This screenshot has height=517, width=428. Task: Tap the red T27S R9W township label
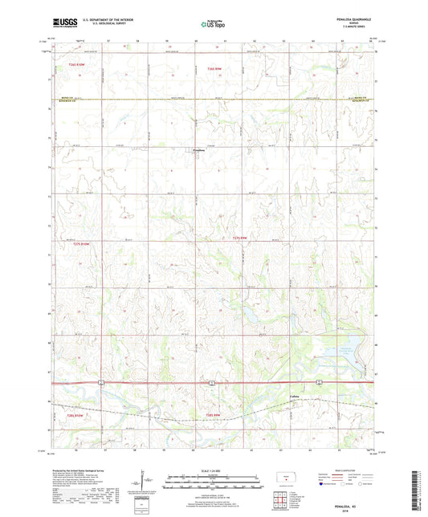click(x=242, y=238)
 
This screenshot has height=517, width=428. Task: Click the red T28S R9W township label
click(x=208, y=415)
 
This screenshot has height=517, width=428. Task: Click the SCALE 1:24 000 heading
click(x=213, y=471)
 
